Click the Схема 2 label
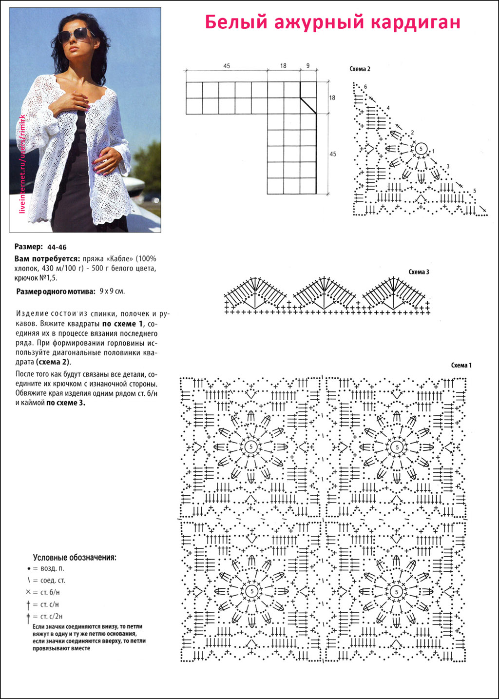pos(360,69)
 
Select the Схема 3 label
pos(419,272)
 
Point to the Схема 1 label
pos(461,365)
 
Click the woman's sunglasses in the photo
pos(76,36)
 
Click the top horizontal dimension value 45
pos(227,66)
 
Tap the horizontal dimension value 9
pos(307,66)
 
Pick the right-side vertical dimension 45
pos(333,154)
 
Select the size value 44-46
pos(57,247)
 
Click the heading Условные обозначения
pos(75,557)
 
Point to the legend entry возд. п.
pos(52,568)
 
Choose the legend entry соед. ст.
pos(53,581)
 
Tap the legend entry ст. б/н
pos(50,592)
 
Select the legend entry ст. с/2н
pos(51,617)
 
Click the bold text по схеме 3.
pos(66,403)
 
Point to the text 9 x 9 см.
pos(112,291)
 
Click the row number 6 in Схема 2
pos(365,87)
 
